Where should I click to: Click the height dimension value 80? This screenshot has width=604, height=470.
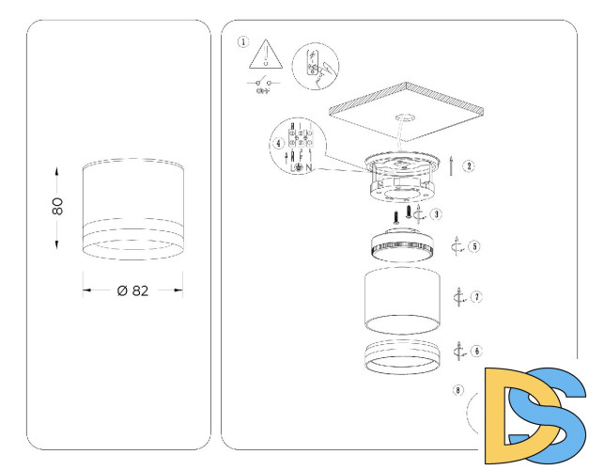[57, 205]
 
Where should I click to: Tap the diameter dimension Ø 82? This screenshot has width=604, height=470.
[133, 290]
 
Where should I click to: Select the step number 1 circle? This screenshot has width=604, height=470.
[243, 42]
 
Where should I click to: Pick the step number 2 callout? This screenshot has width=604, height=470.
[468, 165]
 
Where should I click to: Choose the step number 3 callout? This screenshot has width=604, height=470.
[438, 214]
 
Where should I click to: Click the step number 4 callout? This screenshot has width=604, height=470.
[278, 144]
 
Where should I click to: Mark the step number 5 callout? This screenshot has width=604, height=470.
[475, 247]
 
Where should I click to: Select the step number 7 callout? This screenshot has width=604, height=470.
[477, 297]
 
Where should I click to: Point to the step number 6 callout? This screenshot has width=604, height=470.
[477, 351]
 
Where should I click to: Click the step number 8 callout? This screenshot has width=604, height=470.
[457, 388]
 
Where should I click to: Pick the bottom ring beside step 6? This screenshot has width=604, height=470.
[403, 357]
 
